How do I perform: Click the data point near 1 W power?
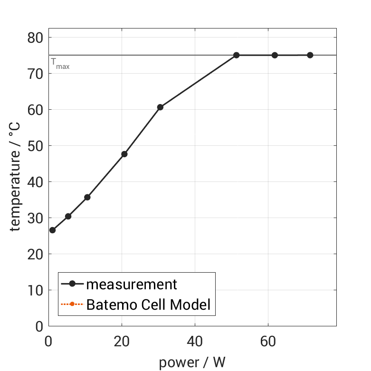[x=52, y=230]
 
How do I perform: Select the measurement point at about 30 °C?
[x=68, y=216]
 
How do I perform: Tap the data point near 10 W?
[x=87, y=197]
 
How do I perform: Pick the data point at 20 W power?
[x=124, y=154]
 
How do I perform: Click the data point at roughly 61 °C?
[x=160, y=107]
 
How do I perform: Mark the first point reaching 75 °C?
[x=236, y=55]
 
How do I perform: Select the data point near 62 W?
[x=275, y=55]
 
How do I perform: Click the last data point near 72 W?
[x=310, y=55]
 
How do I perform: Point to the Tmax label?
[x=60, y=64]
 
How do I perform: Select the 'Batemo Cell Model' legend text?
[x=148, y=304]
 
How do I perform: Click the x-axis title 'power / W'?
[x=192, y=363]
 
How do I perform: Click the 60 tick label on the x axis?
[x=268, y=342]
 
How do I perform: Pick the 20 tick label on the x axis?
[x=122, y=342]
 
